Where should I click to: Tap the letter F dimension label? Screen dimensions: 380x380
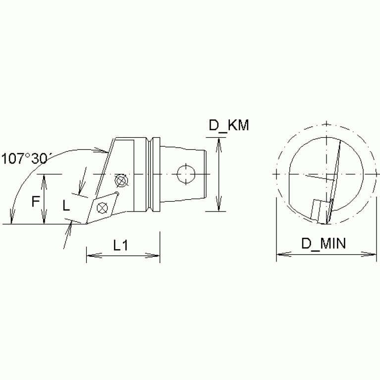pos(35,202)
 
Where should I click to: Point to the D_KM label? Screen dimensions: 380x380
pos(228,126)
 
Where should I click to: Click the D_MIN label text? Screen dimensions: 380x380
pos(325,243)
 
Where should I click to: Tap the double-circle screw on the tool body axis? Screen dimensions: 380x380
pos(120,179)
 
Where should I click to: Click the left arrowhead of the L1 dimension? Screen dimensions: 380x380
pos(90,256)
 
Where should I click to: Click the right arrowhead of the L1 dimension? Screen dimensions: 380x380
pos(156,256)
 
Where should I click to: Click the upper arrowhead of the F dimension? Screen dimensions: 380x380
pos(45,178)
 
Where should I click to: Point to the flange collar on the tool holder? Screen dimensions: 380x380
pos(154,173)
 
